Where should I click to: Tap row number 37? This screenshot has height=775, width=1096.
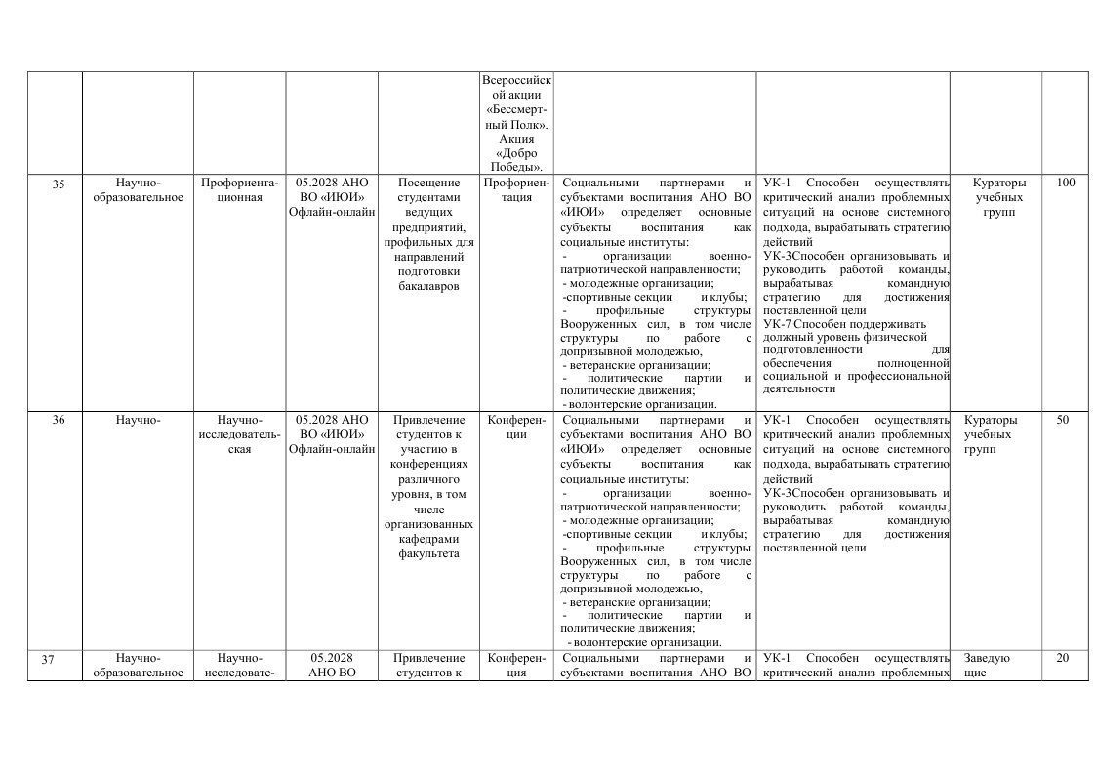48,659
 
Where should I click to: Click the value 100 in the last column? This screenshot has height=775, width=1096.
1065,183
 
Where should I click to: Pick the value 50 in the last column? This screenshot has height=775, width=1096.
1063,420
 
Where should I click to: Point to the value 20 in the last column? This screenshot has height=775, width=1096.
1063,658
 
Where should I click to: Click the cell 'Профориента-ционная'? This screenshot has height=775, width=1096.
239,189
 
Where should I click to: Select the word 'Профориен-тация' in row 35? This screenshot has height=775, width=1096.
516,189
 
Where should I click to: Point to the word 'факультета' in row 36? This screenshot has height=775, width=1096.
428,553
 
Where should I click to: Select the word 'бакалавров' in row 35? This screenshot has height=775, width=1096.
428,286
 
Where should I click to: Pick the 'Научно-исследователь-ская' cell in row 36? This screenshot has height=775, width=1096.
239,433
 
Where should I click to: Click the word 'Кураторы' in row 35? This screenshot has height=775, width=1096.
999,183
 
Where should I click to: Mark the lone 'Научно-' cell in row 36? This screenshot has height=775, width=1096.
138,420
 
